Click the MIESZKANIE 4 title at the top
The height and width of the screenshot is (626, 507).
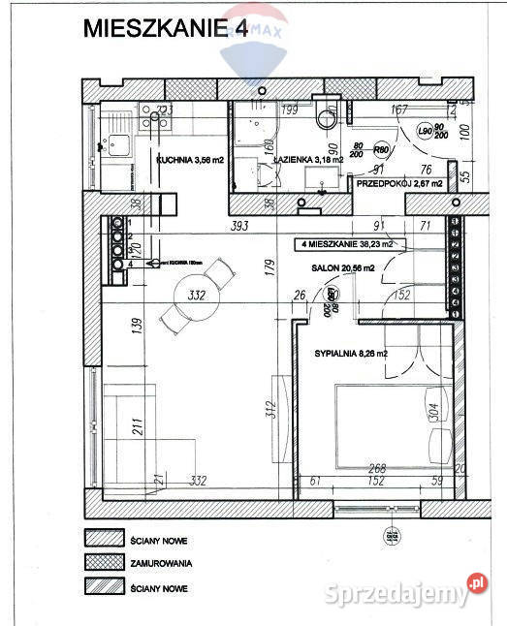pos(165,29)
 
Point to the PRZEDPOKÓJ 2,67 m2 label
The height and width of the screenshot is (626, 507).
pos(400,182)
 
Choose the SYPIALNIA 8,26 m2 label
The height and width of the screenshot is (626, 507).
pos(350,355)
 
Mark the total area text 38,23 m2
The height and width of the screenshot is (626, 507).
pos(347,244)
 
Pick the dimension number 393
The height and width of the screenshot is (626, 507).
pos(241,226)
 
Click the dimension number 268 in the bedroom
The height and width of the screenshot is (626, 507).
pos(376,469)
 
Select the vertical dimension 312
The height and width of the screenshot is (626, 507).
pos(285,410)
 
